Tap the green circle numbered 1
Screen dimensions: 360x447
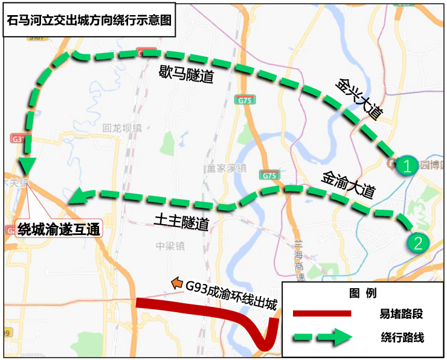(x=408, y=165)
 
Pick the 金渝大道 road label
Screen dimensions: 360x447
(x=349, y=184)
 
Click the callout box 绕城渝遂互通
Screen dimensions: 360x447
(x=59, y=229)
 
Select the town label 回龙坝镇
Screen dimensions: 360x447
(x=121, y=128)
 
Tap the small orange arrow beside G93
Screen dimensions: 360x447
(x=176, y=282)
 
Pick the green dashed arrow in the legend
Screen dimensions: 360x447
(x=322, y=336)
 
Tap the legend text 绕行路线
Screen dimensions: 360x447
(x=402, y=337)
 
